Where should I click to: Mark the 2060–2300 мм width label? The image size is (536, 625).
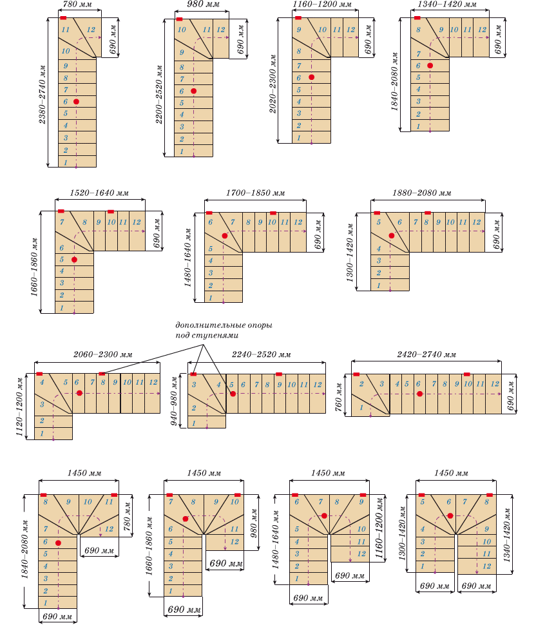click(x=104, y=354)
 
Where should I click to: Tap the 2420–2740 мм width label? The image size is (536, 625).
click(x=426, y=354)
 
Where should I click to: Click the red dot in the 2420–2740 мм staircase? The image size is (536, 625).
click(x=419, y=393)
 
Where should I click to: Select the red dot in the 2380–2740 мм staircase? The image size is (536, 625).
click(x=76, y=102)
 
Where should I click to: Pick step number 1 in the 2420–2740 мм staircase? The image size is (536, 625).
click(x=361, y=407)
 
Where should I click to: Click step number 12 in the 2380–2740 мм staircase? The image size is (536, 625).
click(x=91, y=30)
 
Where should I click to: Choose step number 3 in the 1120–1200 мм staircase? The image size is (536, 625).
click(x=42, y=405)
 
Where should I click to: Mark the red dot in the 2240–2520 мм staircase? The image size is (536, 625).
click(x=233, y=393)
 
